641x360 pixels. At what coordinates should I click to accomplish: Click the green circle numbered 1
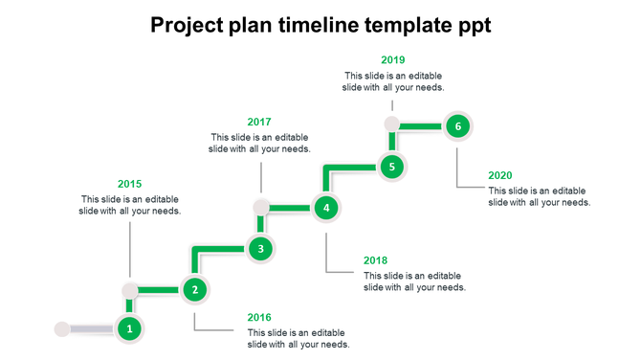tap(130, 329)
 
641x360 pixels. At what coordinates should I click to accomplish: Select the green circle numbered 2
tap(195, 289)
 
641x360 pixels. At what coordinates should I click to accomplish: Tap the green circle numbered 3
tap(260, 249)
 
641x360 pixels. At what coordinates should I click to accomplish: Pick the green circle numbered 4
tap(326, 207)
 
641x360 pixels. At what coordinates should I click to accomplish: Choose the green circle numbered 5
tap(391, 167)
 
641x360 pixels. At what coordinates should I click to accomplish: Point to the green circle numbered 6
tap(457, 125)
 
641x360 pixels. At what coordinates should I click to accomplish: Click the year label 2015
tap(129, 184)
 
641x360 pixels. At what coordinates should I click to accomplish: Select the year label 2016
tap(259, 317)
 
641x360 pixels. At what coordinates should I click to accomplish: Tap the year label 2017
tap(259, 122)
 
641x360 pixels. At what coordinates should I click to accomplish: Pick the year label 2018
tap(376, 259)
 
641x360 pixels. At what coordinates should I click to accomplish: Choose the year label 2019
tap(392, 59)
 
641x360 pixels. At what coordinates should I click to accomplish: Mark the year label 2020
tap(500, 175)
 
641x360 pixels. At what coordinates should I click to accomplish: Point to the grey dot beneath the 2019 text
tap(391, 124)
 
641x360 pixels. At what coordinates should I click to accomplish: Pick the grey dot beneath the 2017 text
tap(260, 207)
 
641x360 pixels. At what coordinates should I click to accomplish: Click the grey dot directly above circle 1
tap(130, 289)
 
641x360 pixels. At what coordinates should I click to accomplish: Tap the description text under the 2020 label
tap(539, 196)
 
